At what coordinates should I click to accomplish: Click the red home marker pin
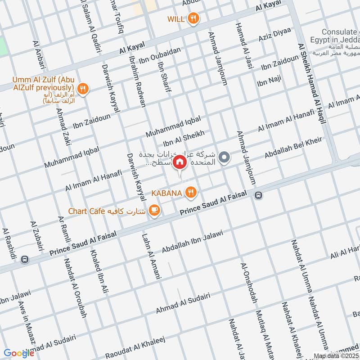pyautogui.click(x=180, y=162)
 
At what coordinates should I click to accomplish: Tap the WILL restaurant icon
pyautogui.click(x=194, y=18)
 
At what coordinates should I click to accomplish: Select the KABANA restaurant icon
pyautogui.click(x=192, y=193)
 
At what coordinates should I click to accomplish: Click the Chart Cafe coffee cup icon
pyautogui.click(x=154, y=210)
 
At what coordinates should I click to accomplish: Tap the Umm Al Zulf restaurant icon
pyautogui.click(x=82, y=89)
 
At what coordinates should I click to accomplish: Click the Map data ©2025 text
pyautogui.click(x=336, y=356)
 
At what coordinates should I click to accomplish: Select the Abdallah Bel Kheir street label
pyautogui.click(x=293, y=148)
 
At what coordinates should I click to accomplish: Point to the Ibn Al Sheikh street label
pyautogui.click(x=184, y=139)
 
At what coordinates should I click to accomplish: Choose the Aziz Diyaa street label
pyautogui.click(x=274, y=35)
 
